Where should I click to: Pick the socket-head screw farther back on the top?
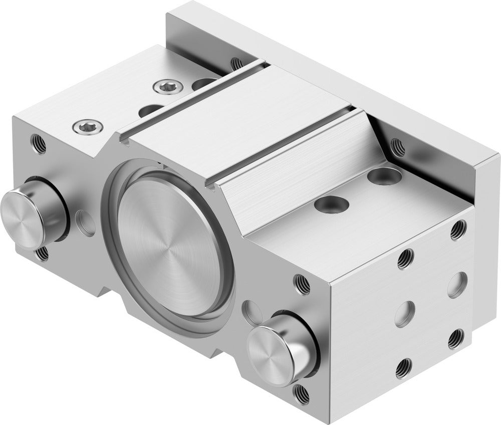pyautogui.click(x=163, y=88)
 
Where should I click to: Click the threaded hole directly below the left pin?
pyautogui.click(x=43, y=253)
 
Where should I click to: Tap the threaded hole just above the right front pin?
pyautogui.click(x=302, y=284)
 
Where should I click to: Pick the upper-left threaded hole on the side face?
pyautogui.click(x=406, y=259)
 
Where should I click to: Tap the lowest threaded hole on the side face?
pyautogui.click(x=404, y=369)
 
